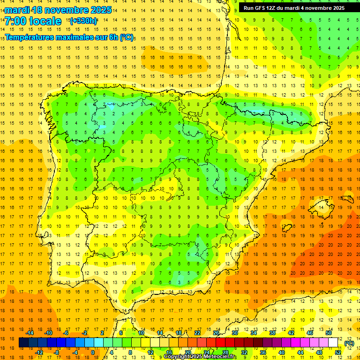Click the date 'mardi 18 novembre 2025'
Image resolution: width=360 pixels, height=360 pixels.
point(58,9)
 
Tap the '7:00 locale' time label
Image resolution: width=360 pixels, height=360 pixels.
point(33,21)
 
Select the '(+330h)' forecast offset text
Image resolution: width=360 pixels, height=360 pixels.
point(83,21)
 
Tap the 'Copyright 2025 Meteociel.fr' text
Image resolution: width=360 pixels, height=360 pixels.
point(200,357)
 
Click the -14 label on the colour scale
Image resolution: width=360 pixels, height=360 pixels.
point(30,333)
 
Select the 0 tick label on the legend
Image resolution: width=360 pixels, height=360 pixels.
point(93,352)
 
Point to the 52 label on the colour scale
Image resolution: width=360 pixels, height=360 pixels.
point(338,352)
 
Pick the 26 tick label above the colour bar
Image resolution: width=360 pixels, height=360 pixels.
point(216,333)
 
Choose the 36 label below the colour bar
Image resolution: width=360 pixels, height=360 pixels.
point(262,352)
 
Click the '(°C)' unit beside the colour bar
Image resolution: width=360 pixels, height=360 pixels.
point(349,343)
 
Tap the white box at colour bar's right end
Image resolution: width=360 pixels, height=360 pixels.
point(333,343)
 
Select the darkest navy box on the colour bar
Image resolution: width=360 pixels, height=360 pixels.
point(23,343)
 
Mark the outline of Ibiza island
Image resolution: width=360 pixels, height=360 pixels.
point(286,227)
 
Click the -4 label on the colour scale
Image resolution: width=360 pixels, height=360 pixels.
point(75,352)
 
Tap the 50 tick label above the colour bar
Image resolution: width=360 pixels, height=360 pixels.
point(329,333)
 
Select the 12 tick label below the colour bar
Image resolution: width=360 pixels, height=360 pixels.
point(150,352)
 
